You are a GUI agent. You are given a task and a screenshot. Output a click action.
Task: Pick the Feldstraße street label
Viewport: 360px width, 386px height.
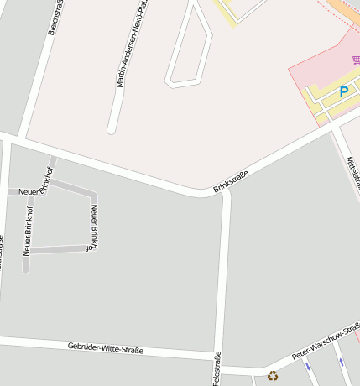(217, 368)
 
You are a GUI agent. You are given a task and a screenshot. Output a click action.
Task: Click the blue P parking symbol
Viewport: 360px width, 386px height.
(343, 91)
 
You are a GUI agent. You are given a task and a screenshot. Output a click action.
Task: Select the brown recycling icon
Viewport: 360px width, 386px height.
(272, 376)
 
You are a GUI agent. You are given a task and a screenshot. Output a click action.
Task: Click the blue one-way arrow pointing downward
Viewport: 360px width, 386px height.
(307, 366)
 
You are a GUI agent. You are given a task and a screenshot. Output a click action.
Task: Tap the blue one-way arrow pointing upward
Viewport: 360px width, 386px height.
(342, 361)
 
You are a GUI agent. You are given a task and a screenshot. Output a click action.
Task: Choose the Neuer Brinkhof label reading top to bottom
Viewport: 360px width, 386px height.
(94, 226)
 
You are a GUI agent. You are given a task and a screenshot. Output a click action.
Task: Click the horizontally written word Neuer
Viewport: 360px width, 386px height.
(29, 192)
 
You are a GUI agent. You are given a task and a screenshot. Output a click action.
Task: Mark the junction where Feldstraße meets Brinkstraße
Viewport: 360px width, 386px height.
(225, 192)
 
